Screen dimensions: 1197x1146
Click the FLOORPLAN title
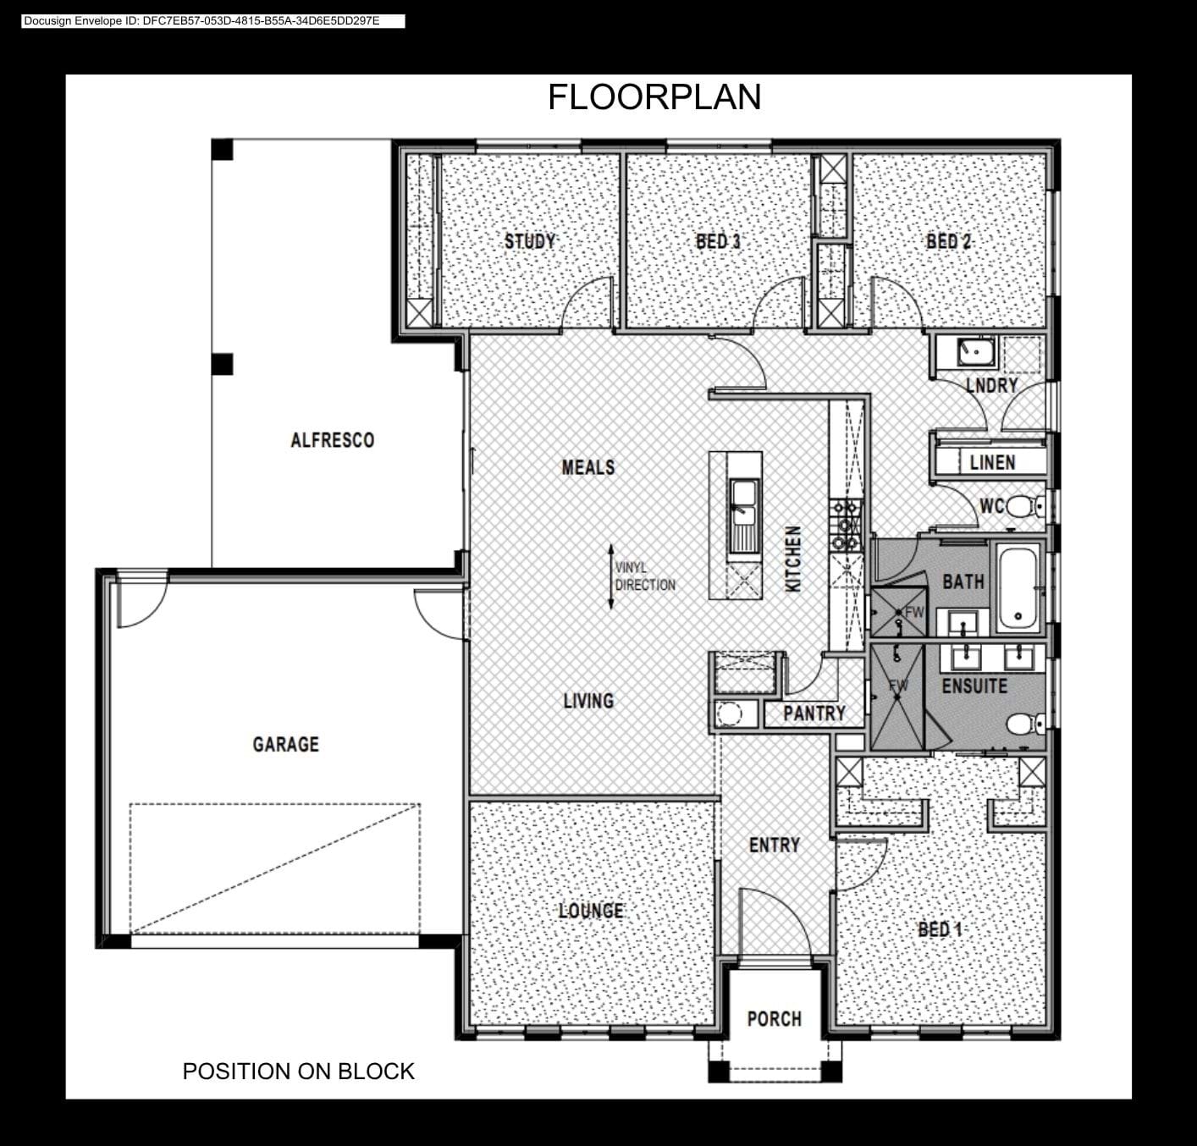click(x=654, y=97)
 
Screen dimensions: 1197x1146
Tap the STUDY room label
click(x=530, y=241)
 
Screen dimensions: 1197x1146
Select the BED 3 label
click(x=718, y=241)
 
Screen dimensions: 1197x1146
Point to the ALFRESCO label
click(x=332, y=440)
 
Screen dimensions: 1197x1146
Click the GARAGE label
click(x=286, y=744)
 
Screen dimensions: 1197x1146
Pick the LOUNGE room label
click(x=591, y=911)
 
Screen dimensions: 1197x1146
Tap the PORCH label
click(x=775, y=1019)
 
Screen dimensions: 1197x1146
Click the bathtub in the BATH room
click(x=1018, y=587)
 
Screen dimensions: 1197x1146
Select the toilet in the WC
click(x=1024, y=506)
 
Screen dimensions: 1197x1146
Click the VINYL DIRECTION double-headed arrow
click(x=611, y=576)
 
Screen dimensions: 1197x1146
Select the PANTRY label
click(x=814, y=713)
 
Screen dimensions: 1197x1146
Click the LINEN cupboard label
click(x=993, y=463)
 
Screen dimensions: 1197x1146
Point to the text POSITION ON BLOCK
click(x=298, y=1071)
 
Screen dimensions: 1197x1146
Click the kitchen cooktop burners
click(x=845, y=525)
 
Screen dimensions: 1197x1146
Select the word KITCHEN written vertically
click(x=793, y=559)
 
